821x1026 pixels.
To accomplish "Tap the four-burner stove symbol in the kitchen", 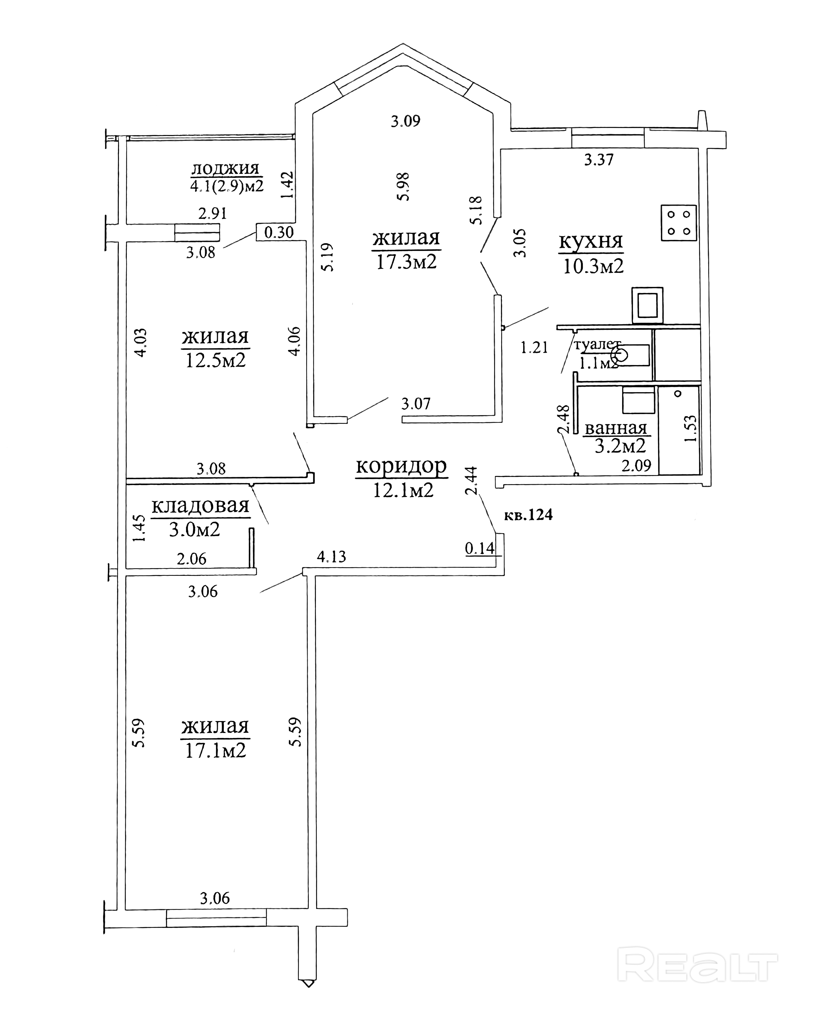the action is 678,223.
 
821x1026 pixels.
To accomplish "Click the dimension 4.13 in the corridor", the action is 332,556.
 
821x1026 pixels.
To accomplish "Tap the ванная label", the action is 616,428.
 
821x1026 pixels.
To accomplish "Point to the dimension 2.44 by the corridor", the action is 471,481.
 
